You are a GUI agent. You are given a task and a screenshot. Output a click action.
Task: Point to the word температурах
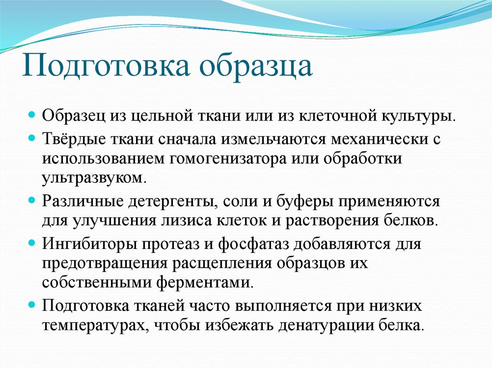pyautogui.click(x=93, y=325)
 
